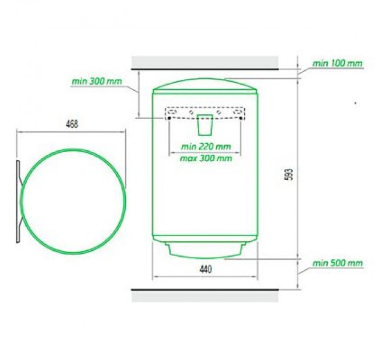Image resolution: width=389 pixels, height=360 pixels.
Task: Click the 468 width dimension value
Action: (x=72, y=124)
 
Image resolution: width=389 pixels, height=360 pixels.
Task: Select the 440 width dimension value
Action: (x=206, y=269)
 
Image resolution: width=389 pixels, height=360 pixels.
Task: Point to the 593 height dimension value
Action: (x=290, y=174)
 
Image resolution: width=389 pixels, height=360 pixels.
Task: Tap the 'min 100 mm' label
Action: (x=337, y=63)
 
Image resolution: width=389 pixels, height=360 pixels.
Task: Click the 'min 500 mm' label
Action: (x=338, y=263)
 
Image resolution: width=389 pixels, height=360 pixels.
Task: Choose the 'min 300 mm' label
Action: (x=97, y=81)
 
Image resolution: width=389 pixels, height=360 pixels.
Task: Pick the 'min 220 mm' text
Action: (x=206, y=147)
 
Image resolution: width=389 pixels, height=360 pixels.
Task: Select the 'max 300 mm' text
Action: (x=206, y=158)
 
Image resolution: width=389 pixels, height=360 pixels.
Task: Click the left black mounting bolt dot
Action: (x=169, y=118)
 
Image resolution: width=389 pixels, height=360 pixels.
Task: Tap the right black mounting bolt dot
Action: (x=240, y=118)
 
